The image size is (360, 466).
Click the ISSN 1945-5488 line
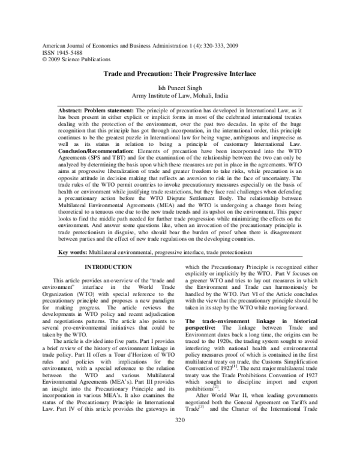click(58, 52)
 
